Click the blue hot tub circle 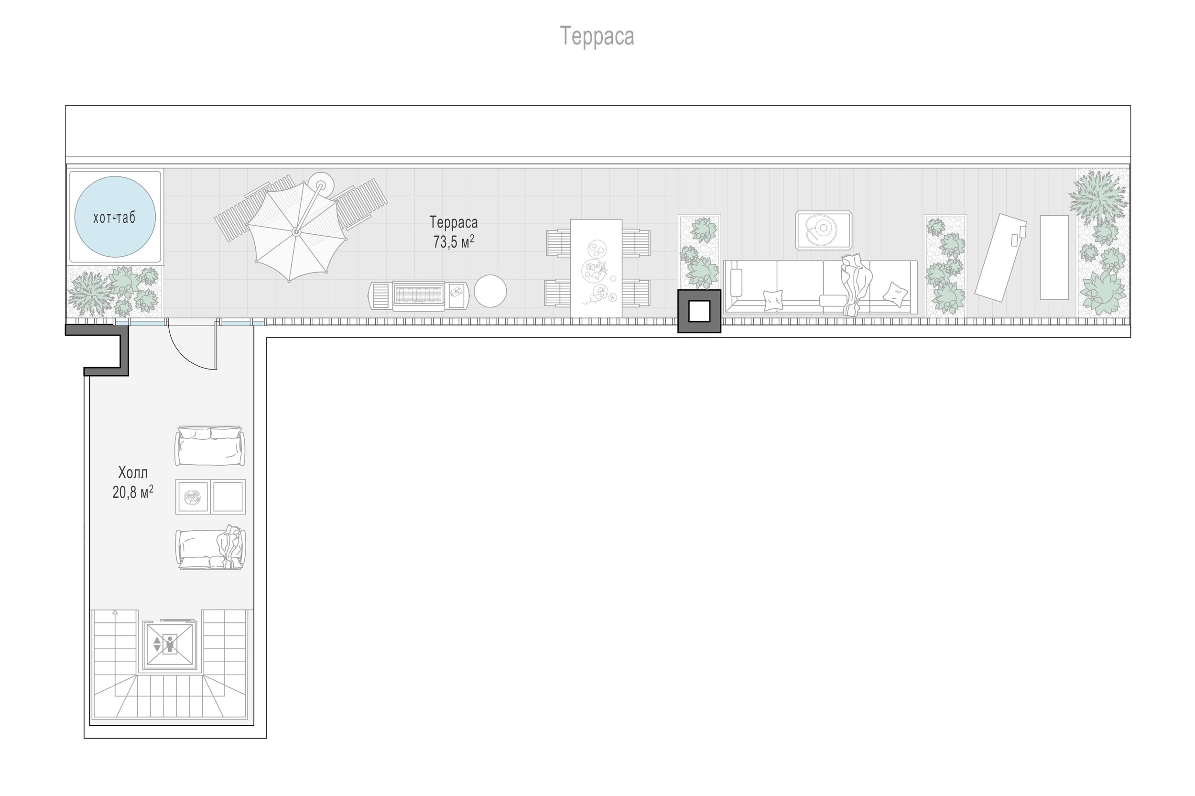[115, 217]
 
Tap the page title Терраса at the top [597, 36]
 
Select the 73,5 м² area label [453, 241]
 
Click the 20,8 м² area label [133, 492]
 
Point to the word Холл [133, 473]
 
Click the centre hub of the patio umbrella [296, 232]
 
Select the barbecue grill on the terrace [419, 296]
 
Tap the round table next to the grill [490, 291]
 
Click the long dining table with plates [596, 268]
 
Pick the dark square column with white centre [699, 311]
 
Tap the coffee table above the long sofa [824, 230]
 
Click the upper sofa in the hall [210, 446]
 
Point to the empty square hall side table [228, 497]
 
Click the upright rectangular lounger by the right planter [1054, 257]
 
